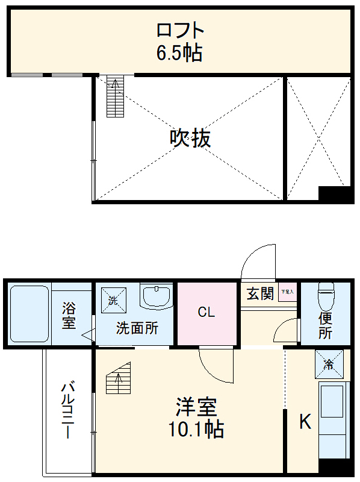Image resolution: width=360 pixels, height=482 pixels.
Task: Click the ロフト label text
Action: point(179,30)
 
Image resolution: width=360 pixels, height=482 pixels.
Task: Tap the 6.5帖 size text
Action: point(179,53)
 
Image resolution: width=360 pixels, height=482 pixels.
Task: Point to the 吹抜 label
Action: point(190,139)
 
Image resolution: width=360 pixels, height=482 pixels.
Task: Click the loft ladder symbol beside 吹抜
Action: point(114,96)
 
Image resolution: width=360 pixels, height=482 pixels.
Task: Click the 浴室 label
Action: point(69,315)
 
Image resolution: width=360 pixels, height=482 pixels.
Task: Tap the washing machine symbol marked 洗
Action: point(113,299)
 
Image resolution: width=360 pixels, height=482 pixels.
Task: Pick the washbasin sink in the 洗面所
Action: point(156,296)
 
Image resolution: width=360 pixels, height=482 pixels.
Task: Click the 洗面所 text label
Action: point(137,328)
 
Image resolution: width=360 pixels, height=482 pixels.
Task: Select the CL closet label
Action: point(206,313)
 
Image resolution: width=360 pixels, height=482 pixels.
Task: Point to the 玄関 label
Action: point(260,294)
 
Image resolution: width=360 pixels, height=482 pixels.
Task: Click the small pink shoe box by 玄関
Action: point(287,293)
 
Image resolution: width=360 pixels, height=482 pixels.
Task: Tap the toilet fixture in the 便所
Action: point(325,296)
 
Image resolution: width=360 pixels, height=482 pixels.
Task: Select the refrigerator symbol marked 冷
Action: point(329,364)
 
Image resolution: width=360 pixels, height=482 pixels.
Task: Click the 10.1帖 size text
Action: point(196,430)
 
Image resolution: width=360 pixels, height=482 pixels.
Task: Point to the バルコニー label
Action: point(68,410)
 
